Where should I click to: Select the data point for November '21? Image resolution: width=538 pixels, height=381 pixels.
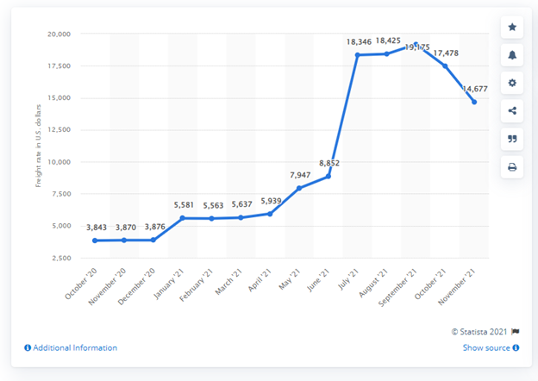pyautogui.click(x=474, y=102)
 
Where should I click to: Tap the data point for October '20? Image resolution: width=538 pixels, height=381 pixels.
pyautogui.click(x=95, y=240)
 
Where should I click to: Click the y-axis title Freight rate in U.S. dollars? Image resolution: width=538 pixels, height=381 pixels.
pyautogui.click(x=38, y=146)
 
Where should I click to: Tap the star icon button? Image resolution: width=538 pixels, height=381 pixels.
pyautogui.click(x=512, y=28)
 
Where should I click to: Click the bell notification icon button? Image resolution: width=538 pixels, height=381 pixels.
pyautogui.click(x=512, y=55)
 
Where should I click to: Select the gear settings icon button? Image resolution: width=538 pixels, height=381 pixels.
pyautogui.click(x=512, y=83)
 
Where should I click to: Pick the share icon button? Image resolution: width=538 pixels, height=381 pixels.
pyautogui.click(x=512, y=110)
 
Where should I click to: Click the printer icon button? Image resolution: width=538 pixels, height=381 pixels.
pyautogui.click(x=512, y=166)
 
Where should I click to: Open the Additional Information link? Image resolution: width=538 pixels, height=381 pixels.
pyautogui.click(x=71, y=348)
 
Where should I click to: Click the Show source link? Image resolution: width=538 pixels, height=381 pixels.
pyautogui.click(x=491, y=348)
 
